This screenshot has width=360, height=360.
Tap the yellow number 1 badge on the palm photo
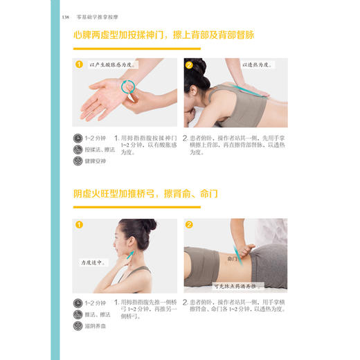click(x=79, y=66)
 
